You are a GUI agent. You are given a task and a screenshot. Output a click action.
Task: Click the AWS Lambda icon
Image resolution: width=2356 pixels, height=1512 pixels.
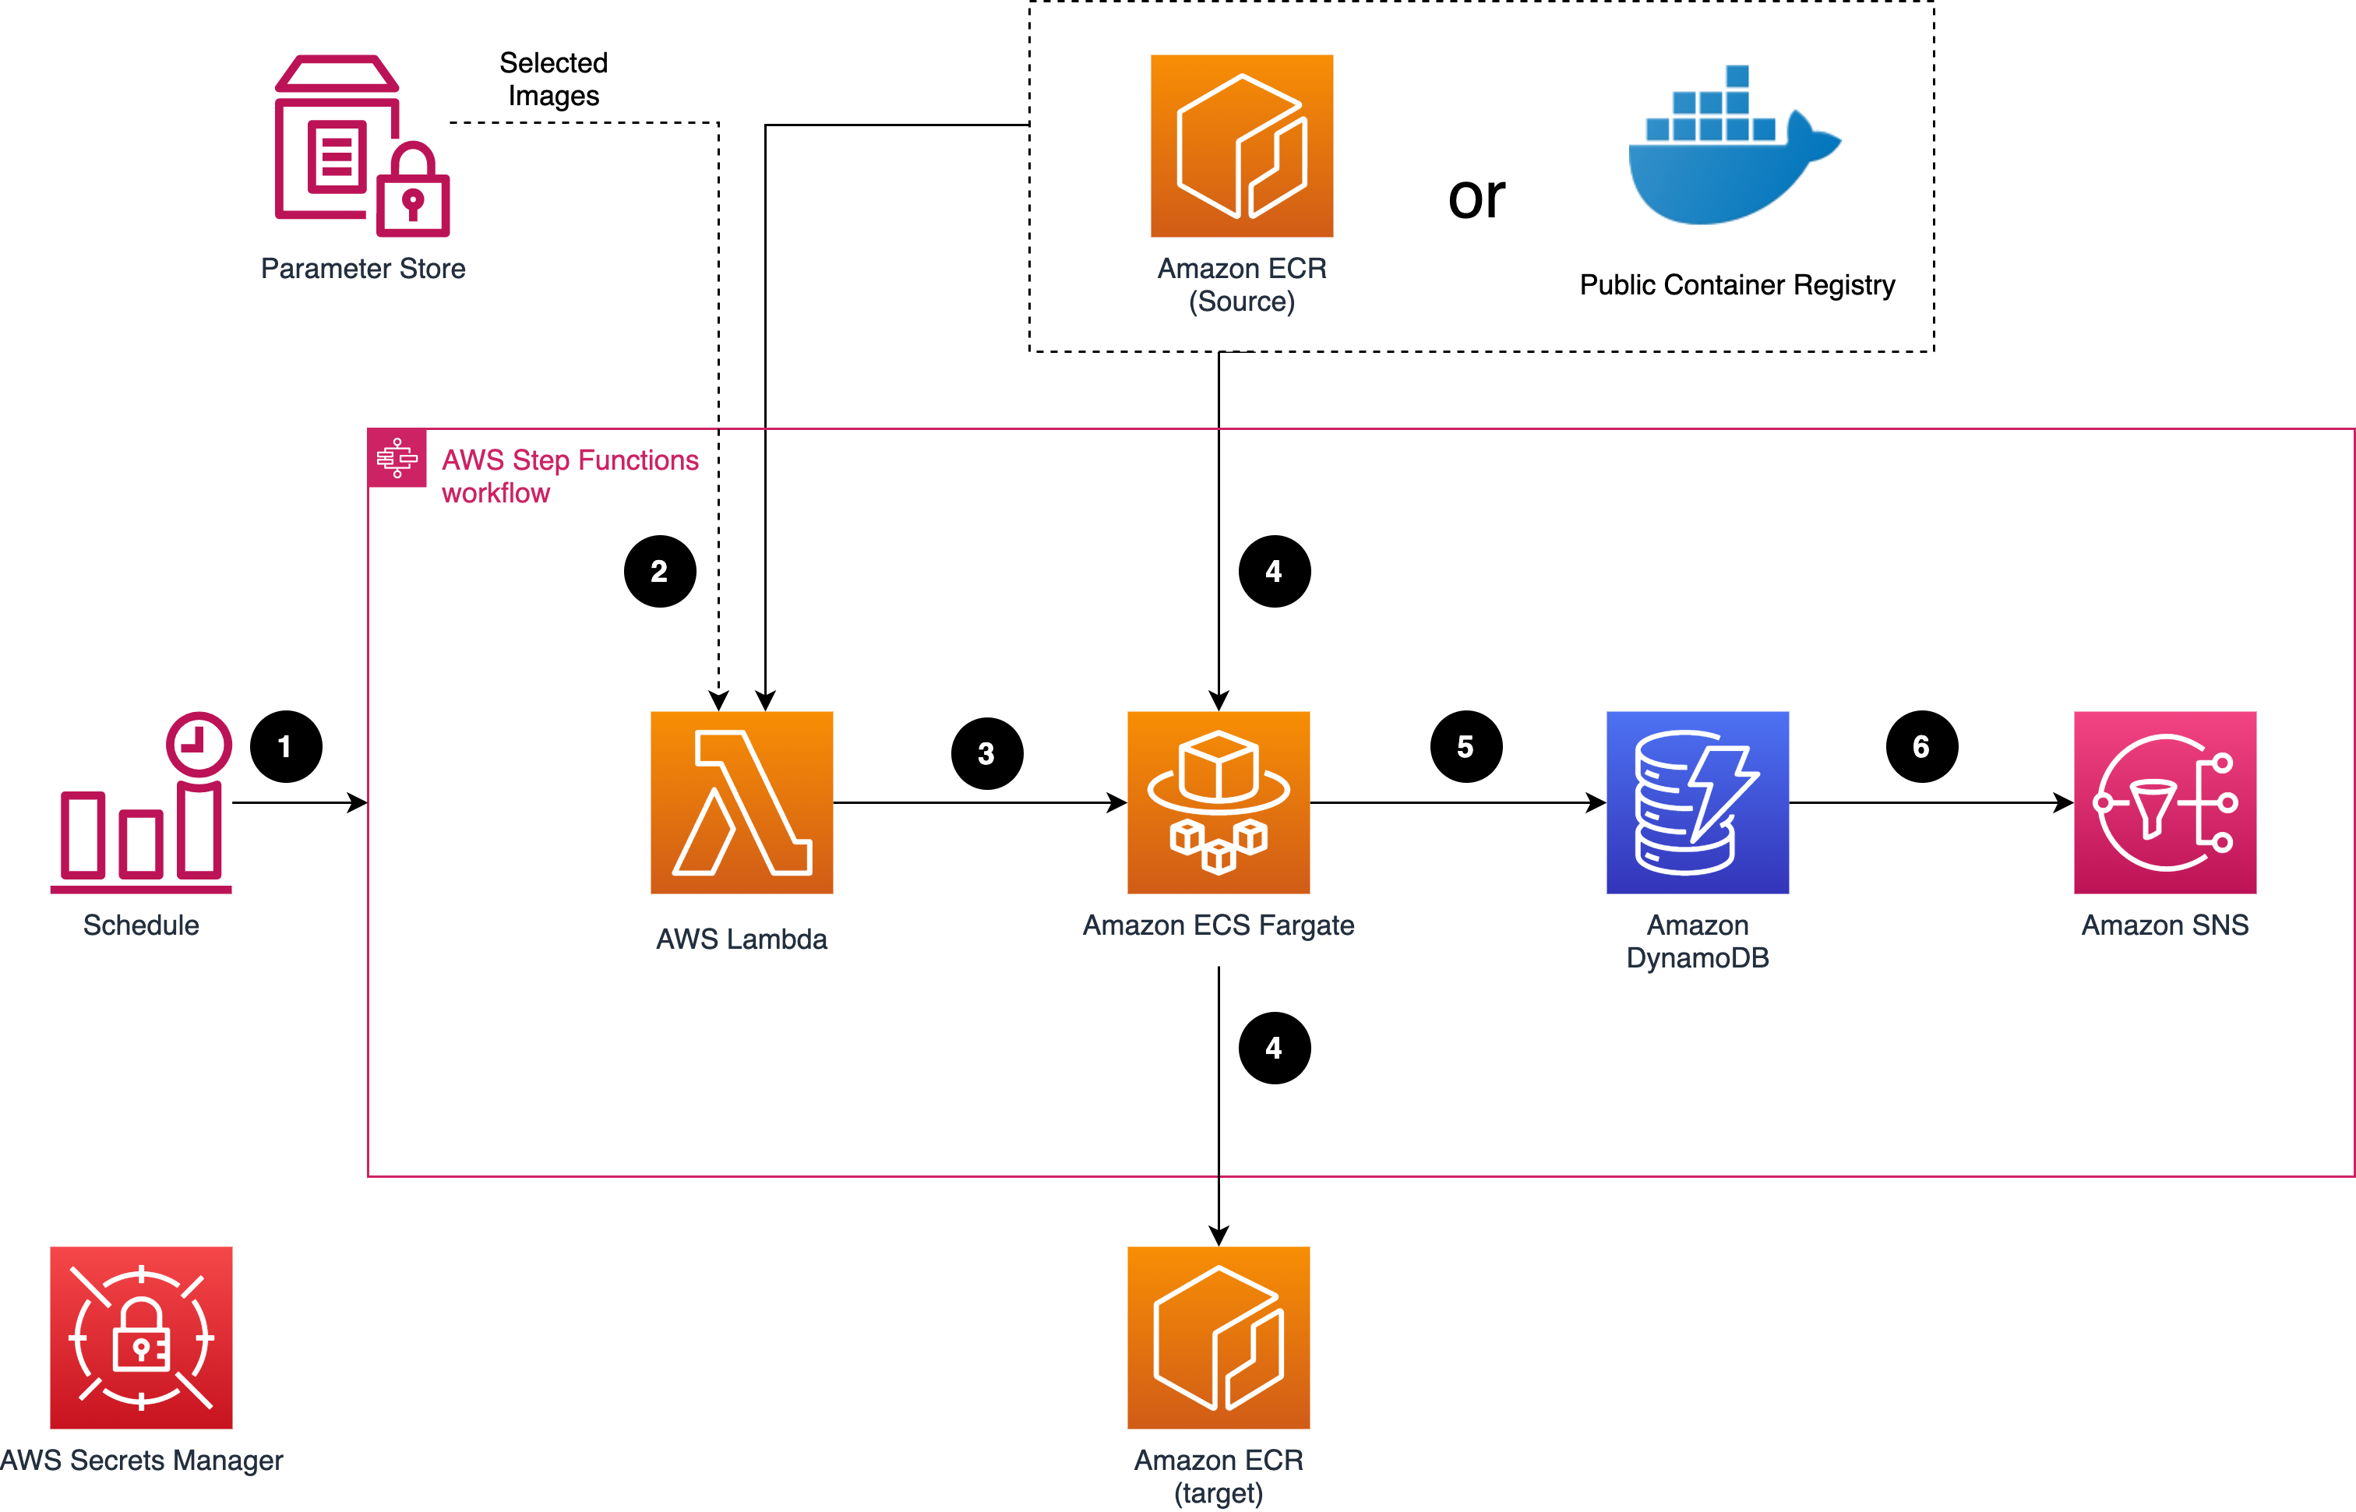click(741, 802)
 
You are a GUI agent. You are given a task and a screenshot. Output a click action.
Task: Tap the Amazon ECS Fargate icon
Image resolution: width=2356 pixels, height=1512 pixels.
click(1219, 802)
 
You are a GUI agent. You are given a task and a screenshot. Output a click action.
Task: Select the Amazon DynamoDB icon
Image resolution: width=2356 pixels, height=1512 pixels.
click(1698, 802)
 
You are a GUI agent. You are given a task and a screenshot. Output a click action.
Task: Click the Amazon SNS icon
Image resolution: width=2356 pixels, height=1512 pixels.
click(2164, 802)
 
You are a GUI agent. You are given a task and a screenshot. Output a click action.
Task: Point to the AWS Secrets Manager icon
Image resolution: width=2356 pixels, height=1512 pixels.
click(141, 1338)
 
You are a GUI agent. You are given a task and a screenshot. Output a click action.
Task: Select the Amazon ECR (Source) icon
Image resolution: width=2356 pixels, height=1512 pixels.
click(1242, 146)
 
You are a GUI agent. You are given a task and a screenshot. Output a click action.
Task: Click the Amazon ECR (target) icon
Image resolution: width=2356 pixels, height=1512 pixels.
click(1219, 1338)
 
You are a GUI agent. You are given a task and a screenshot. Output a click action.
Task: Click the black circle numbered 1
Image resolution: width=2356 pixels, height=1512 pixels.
click(286, 746)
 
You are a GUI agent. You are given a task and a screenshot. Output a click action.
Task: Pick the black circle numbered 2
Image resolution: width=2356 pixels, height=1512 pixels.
click(660, 572)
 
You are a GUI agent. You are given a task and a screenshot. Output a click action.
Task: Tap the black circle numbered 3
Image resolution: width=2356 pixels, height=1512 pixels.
click(986, 753)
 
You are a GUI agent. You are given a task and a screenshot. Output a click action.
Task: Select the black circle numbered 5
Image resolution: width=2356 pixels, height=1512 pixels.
click(1465, 746)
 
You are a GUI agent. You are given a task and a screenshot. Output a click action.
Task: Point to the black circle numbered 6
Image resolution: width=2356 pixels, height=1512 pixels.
click(1921, 746)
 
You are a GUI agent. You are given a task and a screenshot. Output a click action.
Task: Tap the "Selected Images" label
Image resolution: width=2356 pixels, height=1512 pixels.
click(554, 79)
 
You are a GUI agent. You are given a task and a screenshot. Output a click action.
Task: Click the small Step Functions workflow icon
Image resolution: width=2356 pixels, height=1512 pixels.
click(397, 457)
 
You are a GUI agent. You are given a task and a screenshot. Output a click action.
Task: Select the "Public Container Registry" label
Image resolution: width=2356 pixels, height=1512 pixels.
click(1737, 285)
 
